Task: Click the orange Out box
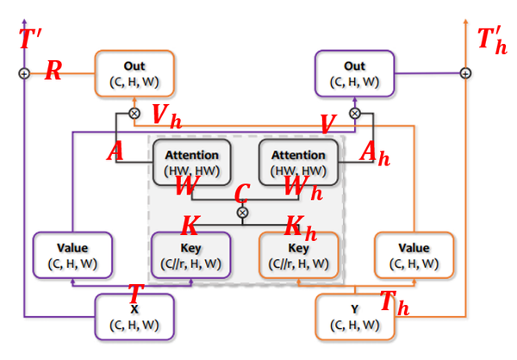click(x=134, y=72)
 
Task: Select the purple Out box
click(x=354, y=72)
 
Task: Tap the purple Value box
click(x=72, y=255)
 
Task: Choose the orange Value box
click(x=414, y=255)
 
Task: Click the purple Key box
click(x=190, y=256)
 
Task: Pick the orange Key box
click(x=299, y=256)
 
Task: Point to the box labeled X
click(x=134, y=316)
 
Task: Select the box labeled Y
click(x=354, y=316)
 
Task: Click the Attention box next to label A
click(x=192, y=161)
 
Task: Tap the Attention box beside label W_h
click(x=298, y=161)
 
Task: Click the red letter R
click(x=53, y=71)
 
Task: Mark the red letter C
click(x=242, y=192)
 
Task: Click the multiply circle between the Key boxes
click(x=242, y=212)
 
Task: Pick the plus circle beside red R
click(x=24, y=73)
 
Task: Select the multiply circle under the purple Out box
click(x=354, y=113)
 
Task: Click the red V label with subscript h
click(x=166, y=115)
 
